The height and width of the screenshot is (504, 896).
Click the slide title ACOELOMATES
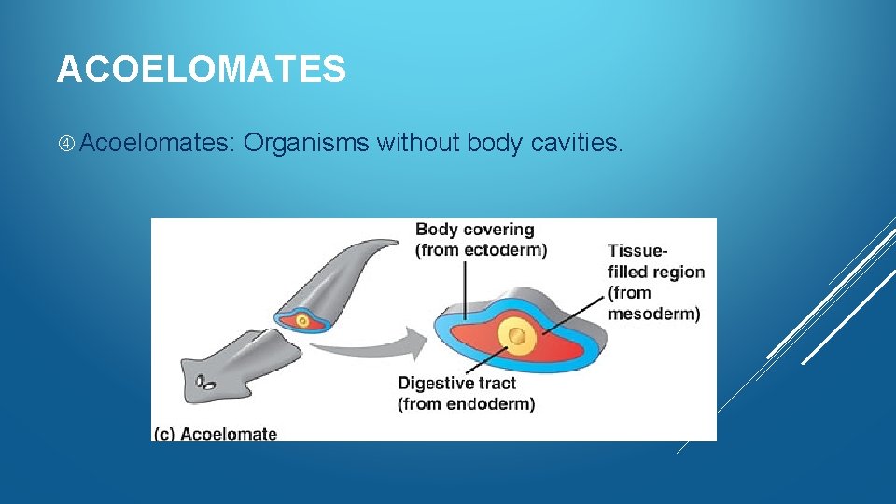(x=201, y=70)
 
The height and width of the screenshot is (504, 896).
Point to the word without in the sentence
(x=418, y=143)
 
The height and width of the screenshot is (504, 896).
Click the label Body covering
(x=474, y=230)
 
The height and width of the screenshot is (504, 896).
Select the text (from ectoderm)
(x=481, y=249)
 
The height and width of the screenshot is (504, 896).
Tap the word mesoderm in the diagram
(x=653, y=314)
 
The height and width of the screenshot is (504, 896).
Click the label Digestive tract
(x=455, y=384)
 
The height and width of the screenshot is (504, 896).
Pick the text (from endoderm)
(x=466, y=404)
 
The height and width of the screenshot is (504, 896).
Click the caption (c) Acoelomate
(x=216, y=433)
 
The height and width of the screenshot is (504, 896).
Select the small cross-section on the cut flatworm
(x=300, y=320)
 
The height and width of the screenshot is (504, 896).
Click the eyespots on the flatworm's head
(x=204, y=383)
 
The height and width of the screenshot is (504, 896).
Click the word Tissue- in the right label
(x=637, y=251)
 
